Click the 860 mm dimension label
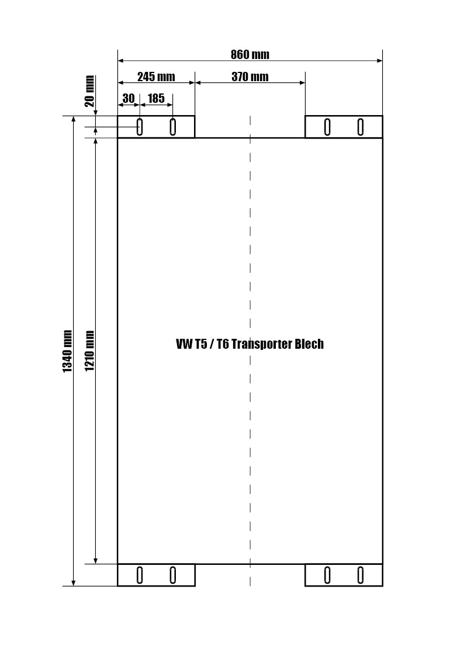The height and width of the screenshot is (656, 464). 250,54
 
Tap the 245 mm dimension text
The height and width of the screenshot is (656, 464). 156,77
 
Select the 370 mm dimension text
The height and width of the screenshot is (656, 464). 250,77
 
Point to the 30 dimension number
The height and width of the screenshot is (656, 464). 129,98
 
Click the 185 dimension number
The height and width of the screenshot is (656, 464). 156,98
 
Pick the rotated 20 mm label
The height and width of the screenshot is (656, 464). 90,91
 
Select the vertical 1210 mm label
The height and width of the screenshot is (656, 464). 89,350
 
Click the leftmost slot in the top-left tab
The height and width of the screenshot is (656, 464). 140,127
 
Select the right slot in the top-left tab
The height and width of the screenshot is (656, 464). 173,127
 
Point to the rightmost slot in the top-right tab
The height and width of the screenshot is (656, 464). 361,127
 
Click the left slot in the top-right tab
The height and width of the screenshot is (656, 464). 328,127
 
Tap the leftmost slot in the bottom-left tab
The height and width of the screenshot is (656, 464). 140,575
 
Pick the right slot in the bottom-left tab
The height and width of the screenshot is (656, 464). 173,575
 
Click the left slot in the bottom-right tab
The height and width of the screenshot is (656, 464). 328,575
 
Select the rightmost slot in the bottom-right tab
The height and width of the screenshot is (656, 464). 361,575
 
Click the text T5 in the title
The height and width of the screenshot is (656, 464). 200,344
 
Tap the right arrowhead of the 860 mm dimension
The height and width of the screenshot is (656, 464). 379,61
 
